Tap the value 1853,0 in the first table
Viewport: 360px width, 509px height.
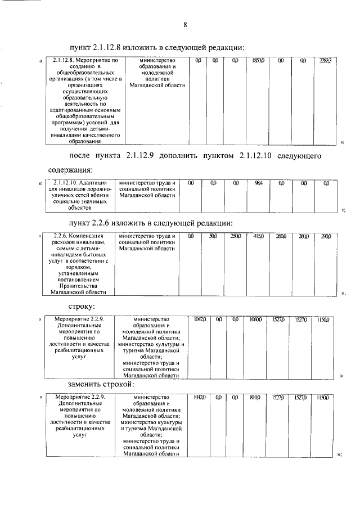coord(259,60)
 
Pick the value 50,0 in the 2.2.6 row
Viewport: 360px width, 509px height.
coord(213,236)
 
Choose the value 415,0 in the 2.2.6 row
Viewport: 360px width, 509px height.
coord(259,236)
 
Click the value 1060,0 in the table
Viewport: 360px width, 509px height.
coord(256,319)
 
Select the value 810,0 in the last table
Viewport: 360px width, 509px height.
coord(256,397)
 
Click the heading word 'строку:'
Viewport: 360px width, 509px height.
coord(82,307)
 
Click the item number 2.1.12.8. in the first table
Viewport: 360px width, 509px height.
coord(62,60)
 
